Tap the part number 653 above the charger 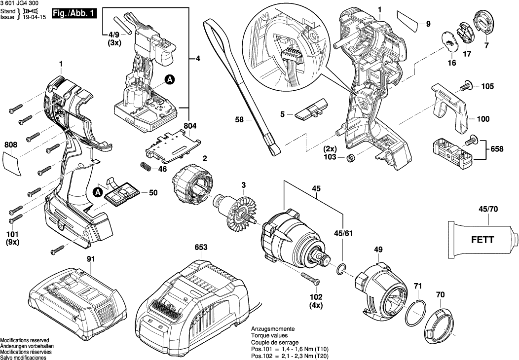[x=201, y=248]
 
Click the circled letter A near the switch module [x=169, y=79]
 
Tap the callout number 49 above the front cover [x=378, y=251]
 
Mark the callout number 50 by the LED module [x=153, y=193]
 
